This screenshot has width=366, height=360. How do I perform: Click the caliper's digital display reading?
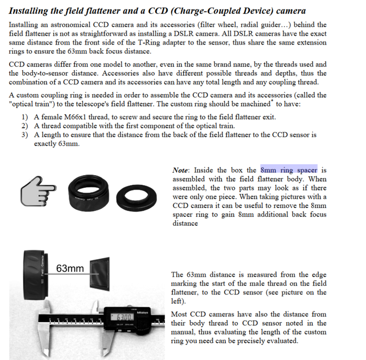[123, 317]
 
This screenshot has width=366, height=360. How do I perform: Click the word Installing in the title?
[29, 11]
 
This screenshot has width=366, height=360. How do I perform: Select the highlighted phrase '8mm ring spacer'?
[289, 170]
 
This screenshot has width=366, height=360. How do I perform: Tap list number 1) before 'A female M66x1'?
[24, 117]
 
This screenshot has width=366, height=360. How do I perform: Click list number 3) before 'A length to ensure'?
[24, 135]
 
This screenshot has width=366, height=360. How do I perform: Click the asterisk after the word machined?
[272, 101]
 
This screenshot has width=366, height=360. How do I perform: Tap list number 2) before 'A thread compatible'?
[24, 126]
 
